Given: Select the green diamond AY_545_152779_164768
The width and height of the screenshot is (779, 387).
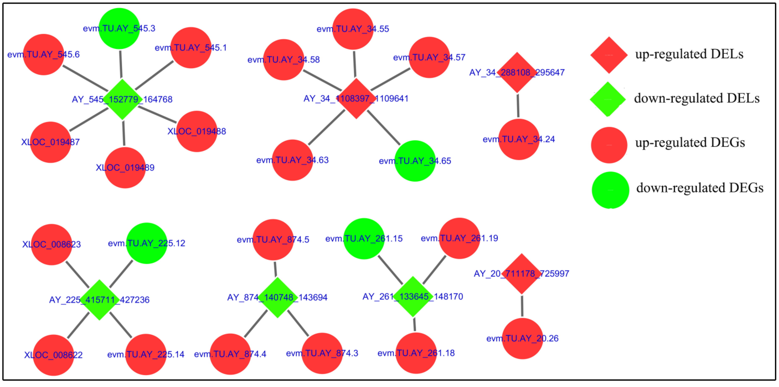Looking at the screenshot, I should click(x=122, y=99).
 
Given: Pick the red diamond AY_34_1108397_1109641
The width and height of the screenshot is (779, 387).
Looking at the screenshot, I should click(x=356, y=99).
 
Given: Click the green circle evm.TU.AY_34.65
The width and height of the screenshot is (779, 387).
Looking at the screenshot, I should click(x=415, y=161).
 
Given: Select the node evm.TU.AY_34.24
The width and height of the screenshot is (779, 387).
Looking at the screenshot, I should click(x=519, y=139).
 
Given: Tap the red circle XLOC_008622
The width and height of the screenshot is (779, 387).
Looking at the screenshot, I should click(x=53, y=355).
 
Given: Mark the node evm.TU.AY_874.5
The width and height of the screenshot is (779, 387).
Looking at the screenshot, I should click(x=273, y=239).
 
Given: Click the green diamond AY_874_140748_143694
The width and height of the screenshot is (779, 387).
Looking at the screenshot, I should click(x=277, y=297).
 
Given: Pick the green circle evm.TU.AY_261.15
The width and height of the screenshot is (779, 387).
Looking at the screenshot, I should click(x=364, y=239).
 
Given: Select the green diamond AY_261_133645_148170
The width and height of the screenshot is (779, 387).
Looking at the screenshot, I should click(x=413, y=296).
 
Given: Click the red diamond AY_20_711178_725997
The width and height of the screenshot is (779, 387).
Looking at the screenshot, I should click(x=521, y=274).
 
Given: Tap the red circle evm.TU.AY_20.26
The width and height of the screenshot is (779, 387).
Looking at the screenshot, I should click(x=522, y=338).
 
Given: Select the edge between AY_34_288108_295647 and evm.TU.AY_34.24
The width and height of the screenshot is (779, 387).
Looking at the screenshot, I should click(x=518, y=106).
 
